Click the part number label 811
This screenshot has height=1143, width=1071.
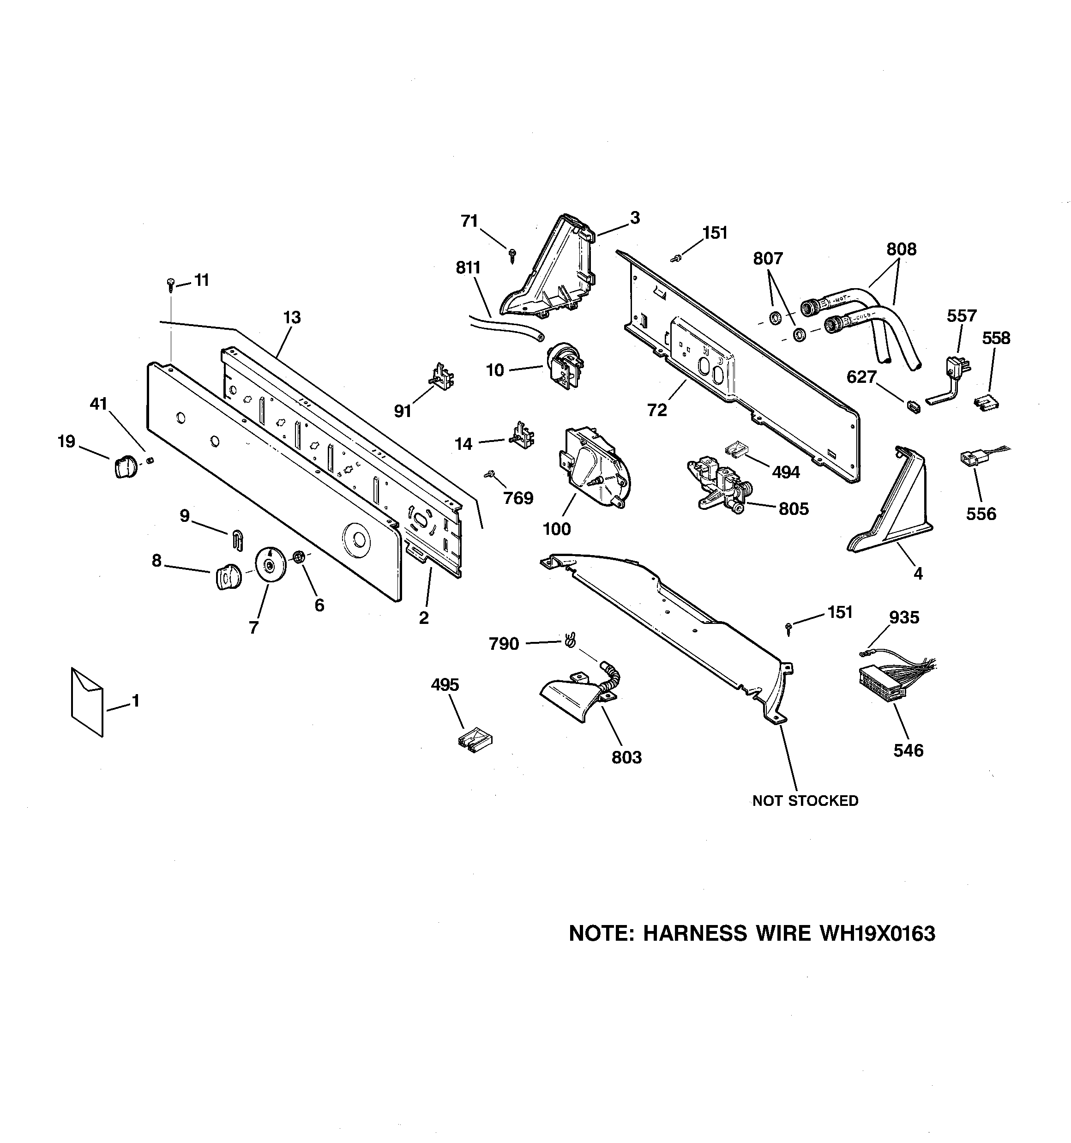pos(468,268)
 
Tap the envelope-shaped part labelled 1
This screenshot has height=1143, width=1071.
pos(87,702)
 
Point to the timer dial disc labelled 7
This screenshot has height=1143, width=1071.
pos(270,565)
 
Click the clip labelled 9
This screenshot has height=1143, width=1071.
pos(237,540)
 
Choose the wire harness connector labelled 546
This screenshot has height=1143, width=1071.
pos(881,683)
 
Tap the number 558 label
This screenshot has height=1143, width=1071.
pos(996,338)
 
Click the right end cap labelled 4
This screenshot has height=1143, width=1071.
pos(891,499)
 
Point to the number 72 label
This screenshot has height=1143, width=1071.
pos(657,410)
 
